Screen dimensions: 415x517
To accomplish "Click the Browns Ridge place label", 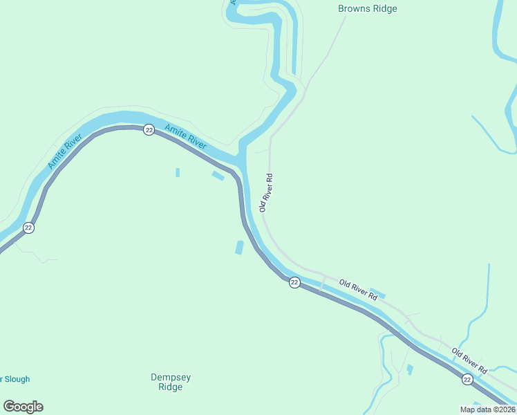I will [367, 9].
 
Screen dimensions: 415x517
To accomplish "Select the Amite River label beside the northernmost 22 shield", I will [185, 136].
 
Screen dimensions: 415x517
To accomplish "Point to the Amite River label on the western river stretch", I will [65, 154].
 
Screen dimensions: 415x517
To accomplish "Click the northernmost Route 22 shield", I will [149, 130].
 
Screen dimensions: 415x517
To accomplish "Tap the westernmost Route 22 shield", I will [28, 228].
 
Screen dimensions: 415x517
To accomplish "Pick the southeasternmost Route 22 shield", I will [467, 379].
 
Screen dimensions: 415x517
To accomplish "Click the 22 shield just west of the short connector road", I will [294, 282].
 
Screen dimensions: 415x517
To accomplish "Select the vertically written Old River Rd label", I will [267, 192].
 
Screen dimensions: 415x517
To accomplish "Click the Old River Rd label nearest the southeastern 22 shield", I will [470, 362].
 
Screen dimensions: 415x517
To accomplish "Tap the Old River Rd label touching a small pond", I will [358, 290].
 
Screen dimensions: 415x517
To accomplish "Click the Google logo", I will [23, 407].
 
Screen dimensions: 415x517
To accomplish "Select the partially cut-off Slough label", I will [15, 379].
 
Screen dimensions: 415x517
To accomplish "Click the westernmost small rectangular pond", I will [178, 172].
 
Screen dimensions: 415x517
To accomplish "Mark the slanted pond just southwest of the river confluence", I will [218, 176].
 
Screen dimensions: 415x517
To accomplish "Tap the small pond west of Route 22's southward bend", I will [239, 247].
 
